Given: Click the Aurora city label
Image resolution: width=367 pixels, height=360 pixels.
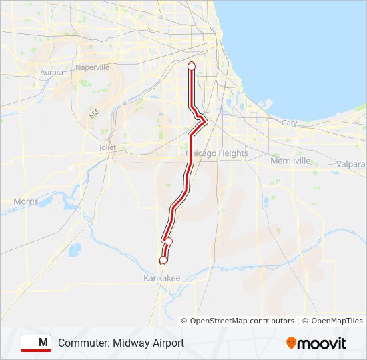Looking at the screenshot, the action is (x=51, y=72).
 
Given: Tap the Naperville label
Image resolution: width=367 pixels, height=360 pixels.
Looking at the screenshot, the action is (x=93, y=67).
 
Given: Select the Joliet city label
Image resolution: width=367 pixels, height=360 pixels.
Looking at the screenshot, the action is (x=107, y=147).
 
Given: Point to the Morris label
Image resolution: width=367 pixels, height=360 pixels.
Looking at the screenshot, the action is (x=26, y=201).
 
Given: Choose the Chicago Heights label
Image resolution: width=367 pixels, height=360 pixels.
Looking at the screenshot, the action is (x=217, y=153).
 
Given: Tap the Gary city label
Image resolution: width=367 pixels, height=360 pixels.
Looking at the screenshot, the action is (x=289, y=123).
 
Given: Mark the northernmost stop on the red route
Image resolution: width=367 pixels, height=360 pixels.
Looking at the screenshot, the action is (x=192, y=66).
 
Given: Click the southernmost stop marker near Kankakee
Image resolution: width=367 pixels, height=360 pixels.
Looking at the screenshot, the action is (x=163, y=260).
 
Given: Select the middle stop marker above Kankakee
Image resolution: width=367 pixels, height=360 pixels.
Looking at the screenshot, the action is (x=169, y=241).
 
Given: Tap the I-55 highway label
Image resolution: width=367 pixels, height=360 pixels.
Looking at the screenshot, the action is (x=94, y=114).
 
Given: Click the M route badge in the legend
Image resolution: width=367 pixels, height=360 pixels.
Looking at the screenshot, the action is (x=36, y=343).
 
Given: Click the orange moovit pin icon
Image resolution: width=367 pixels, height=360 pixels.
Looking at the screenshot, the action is (x=291, y=343).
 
